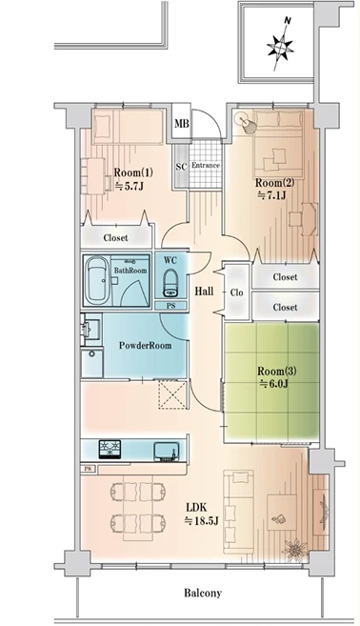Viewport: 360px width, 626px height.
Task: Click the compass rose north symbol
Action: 281,45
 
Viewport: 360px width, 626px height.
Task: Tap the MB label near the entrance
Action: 182,124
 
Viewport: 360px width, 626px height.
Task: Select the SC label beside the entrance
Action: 181,167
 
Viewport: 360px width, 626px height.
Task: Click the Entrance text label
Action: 206,165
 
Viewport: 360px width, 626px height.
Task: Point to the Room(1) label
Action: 133,172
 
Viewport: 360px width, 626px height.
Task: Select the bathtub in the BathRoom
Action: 97,280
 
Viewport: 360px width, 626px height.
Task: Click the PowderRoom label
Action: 146,345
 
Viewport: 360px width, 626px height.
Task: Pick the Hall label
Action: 204,292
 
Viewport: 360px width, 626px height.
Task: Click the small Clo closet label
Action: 237,293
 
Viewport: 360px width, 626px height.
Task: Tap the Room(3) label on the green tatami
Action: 276,371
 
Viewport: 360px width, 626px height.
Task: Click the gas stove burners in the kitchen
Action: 110,450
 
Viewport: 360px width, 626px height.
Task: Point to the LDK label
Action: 196,508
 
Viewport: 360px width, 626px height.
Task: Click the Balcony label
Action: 203,593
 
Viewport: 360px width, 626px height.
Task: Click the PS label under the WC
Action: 170,306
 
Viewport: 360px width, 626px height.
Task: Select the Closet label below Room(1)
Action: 116,238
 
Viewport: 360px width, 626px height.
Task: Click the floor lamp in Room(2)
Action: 245,121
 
